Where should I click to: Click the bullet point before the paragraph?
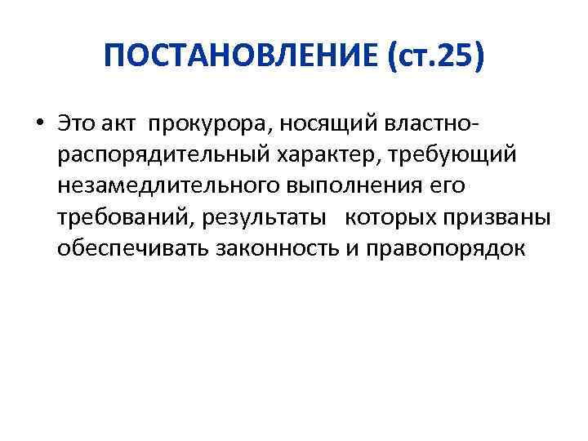(39, 124)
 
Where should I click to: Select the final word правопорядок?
(447, 249)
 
